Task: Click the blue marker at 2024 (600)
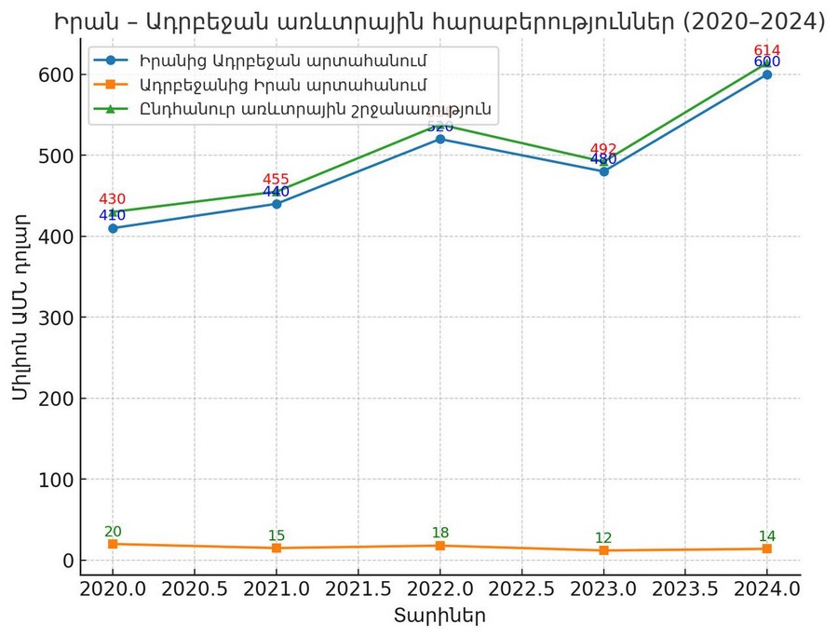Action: point(767,75)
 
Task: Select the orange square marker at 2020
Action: point(113,544)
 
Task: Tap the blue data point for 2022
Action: point(439,139)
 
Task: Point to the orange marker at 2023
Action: point(603,550)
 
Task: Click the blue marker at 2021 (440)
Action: point(277,204)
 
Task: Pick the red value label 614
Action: point(767,50)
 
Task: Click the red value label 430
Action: point(112,199)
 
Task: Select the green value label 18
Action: point(439,533)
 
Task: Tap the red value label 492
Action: point(603,149)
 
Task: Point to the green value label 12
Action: point(603,537)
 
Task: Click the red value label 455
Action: point(276,180)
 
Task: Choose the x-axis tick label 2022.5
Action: point(521,589)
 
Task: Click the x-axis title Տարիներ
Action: point(439,616)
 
